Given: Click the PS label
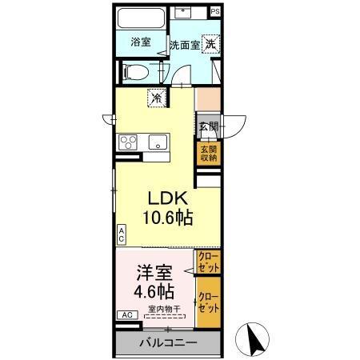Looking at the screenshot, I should pyautogui.click(x=215, y=13).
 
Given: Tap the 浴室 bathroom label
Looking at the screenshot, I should pyautogui.click(x=141, y=42).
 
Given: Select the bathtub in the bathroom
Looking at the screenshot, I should pyautogui.click(x=141, y=19).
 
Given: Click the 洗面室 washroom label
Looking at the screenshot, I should pyautogui.click(x=184, y=46).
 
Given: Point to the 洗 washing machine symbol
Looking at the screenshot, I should pyautogui.click(x=210, y=44).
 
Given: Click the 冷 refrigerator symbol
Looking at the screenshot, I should pyautogui.click(x=157, y=99).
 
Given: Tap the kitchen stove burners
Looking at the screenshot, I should pyautogui.click(x=129, y=143).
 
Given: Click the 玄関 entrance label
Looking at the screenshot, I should pyautogui.click(x=207, y=126).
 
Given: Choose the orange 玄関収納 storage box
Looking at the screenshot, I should pyautogui.click(x=207, y=152).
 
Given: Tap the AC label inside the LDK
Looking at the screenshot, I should pyautogui.click(x=122, y=234).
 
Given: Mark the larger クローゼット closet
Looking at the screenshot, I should pyautogui.click(x=208, y=302).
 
